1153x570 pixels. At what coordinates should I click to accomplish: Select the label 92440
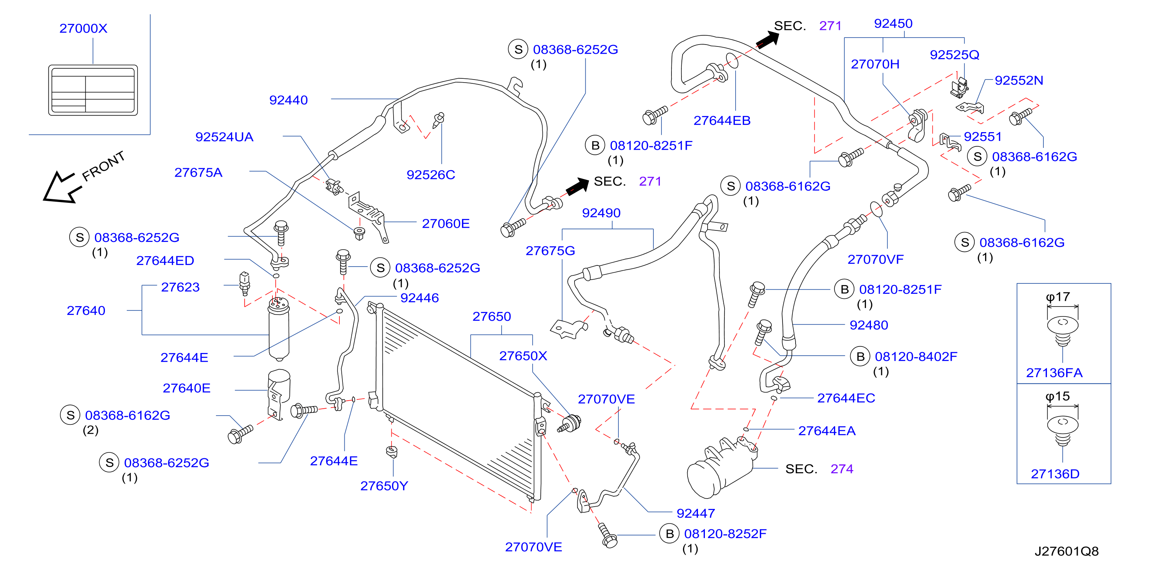(x=288, y=100)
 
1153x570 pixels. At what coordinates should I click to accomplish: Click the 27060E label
(x=446, y=224)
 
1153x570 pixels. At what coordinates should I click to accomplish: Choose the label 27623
(x=180, y=287)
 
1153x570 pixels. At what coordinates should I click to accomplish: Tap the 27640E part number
(x=187, y=388)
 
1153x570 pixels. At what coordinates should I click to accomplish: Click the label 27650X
(x=523, y=356)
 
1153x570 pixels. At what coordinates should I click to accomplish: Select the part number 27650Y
(x=384, y=486)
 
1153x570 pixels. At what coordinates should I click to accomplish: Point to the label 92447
(x=696, y=514)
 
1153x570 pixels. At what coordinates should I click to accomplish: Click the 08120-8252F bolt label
(x=725, y=534)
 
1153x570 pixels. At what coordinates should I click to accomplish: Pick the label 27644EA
(x=827, y=431)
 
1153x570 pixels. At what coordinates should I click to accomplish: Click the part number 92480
(x=869, y=325)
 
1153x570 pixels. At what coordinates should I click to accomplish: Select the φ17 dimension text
(x=1058, y=297)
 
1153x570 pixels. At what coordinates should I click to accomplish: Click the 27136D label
(x=1055, y=474)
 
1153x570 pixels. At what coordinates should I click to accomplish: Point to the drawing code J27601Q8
(x=1067, y=551)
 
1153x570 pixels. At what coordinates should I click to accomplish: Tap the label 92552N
(x=1019, y=81)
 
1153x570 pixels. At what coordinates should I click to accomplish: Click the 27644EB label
(x=722, y=121)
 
